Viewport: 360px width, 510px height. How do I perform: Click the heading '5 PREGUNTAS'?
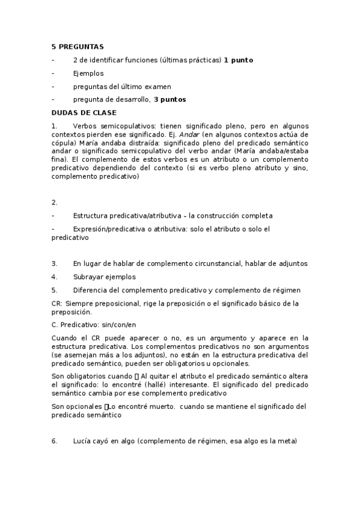pyautogui.click(x=78, y=46)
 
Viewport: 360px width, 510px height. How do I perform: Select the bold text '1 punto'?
pyautogui.click(x=238, y=60)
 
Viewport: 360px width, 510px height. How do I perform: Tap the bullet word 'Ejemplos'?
pyautogui.click(x=88, y=73)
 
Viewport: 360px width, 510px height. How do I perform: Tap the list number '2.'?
pyautogui.click(x=55, y=203)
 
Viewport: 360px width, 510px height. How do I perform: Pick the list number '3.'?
pyautogui.click(x=55, y=263)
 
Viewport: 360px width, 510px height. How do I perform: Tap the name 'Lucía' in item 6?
pyautogui.click(x=84, y=441)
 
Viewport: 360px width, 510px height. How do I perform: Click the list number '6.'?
pyautogui.click(x=55, y=441)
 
